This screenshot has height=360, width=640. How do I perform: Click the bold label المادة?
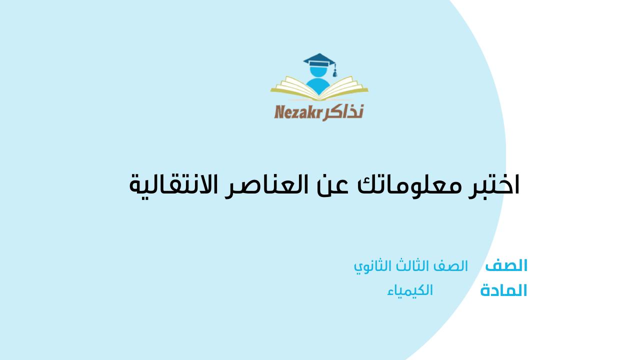click(503, 291)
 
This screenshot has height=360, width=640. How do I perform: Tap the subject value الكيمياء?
click(410, 290)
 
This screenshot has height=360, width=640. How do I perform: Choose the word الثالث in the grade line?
click(410, 266)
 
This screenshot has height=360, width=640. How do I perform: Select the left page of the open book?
click(292, 86)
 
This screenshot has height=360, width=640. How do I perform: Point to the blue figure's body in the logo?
click(316, 86)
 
